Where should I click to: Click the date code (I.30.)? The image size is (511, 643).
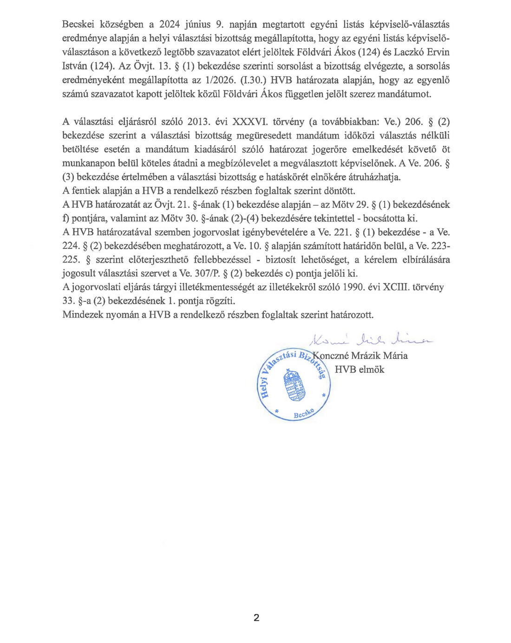[x=252, y=80]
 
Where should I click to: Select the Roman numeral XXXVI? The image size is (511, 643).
[x=250, y=122]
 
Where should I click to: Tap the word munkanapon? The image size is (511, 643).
[x=89, y=163]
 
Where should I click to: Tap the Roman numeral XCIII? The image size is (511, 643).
[x=395, y=287]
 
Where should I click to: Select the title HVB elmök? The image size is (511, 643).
[x=360, y=370]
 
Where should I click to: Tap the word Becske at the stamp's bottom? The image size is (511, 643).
[x=304, y=414]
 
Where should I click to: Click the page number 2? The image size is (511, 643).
[x=256, y=617]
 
